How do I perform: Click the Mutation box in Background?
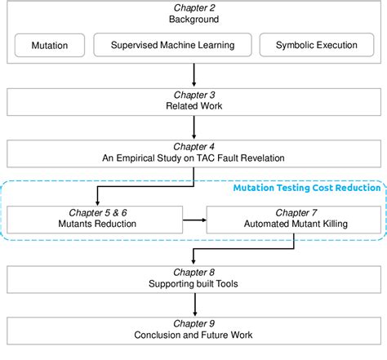[x=49, y=46]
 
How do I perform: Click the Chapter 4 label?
[x=193, y=147]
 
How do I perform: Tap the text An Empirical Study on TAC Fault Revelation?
[x=193, y=159]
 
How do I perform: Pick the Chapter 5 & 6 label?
[x=95, y=210]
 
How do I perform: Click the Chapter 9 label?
[x=193, y=323]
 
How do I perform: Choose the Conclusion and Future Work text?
[x=193, y=336]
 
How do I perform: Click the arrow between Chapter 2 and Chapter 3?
[x=193, y=75]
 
